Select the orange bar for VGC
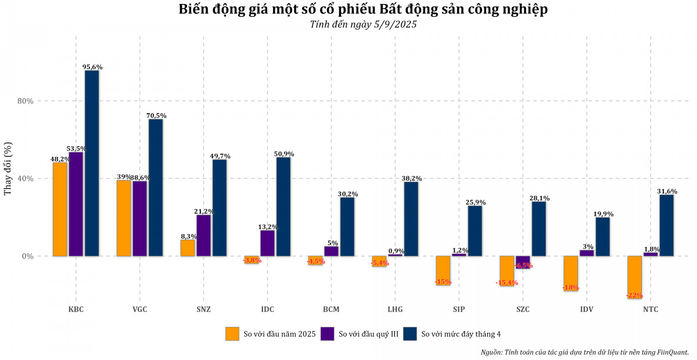point(124,218)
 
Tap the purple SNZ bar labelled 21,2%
point(204,235)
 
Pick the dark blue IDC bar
point(283,207)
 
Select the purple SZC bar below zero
point(523,262)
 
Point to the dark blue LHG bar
point(411,219)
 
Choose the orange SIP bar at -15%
point(443,270)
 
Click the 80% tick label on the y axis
point(26,101)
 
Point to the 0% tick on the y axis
point(28,256)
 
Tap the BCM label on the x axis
point(332,309)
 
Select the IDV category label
point(587,309)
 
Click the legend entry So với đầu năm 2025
point(279,334)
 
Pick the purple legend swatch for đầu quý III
point(328,334)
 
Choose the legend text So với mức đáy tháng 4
point(461,334)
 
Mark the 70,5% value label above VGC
point(156,116)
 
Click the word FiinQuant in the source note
point(669,352)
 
